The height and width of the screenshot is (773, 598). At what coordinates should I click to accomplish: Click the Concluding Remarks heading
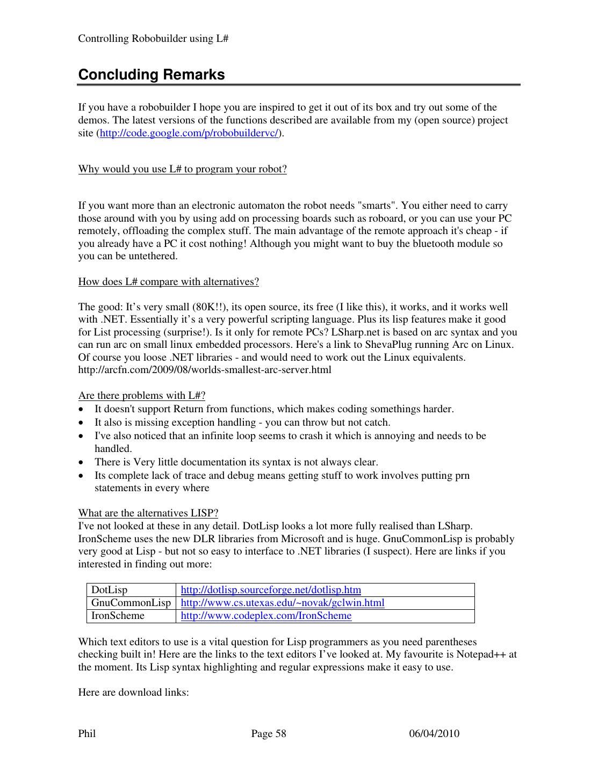coord(152,75)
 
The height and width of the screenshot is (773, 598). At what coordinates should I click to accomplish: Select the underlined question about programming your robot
coord(182,169)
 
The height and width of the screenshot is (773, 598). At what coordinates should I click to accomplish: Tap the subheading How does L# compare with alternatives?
coord(168,282)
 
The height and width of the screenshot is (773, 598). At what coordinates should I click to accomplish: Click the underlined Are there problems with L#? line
coord(142,396)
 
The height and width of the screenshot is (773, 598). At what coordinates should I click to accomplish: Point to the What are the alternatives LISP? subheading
coord(148,513)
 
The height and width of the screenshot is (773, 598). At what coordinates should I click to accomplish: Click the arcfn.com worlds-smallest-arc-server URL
coord(205,370)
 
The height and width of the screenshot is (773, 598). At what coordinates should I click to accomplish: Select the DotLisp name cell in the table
coord(110,590)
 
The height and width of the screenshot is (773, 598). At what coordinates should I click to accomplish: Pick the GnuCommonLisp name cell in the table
coord(131,603)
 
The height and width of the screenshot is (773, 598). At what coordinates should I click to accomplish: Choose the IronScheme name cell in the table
coord(118,616)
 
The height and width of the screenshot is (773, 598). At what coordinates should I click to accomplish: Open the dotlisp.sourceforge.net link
coord(271,590)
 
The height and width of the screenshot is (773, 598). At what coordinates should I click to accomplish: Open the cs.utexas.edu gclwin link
coord(282,603)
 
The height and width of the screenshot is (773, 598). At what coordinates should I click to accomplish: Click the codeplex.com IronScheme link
coord(266,616)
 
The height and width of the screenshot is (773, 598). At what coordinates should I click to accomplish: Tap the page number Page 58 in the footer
coord(269,734)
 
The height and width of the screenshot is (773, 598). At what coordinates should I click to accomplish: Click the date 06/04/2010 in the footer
coord(434,734)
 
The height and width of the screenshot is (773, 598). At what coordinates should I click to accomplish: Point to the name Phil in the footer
coord(87,734)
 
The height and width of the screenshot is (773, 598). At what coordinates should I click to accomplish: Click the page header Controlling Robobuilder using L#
coord(154,39)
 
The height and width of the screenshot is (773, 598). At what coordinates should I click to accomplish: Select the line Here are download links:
coord(133,692)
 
